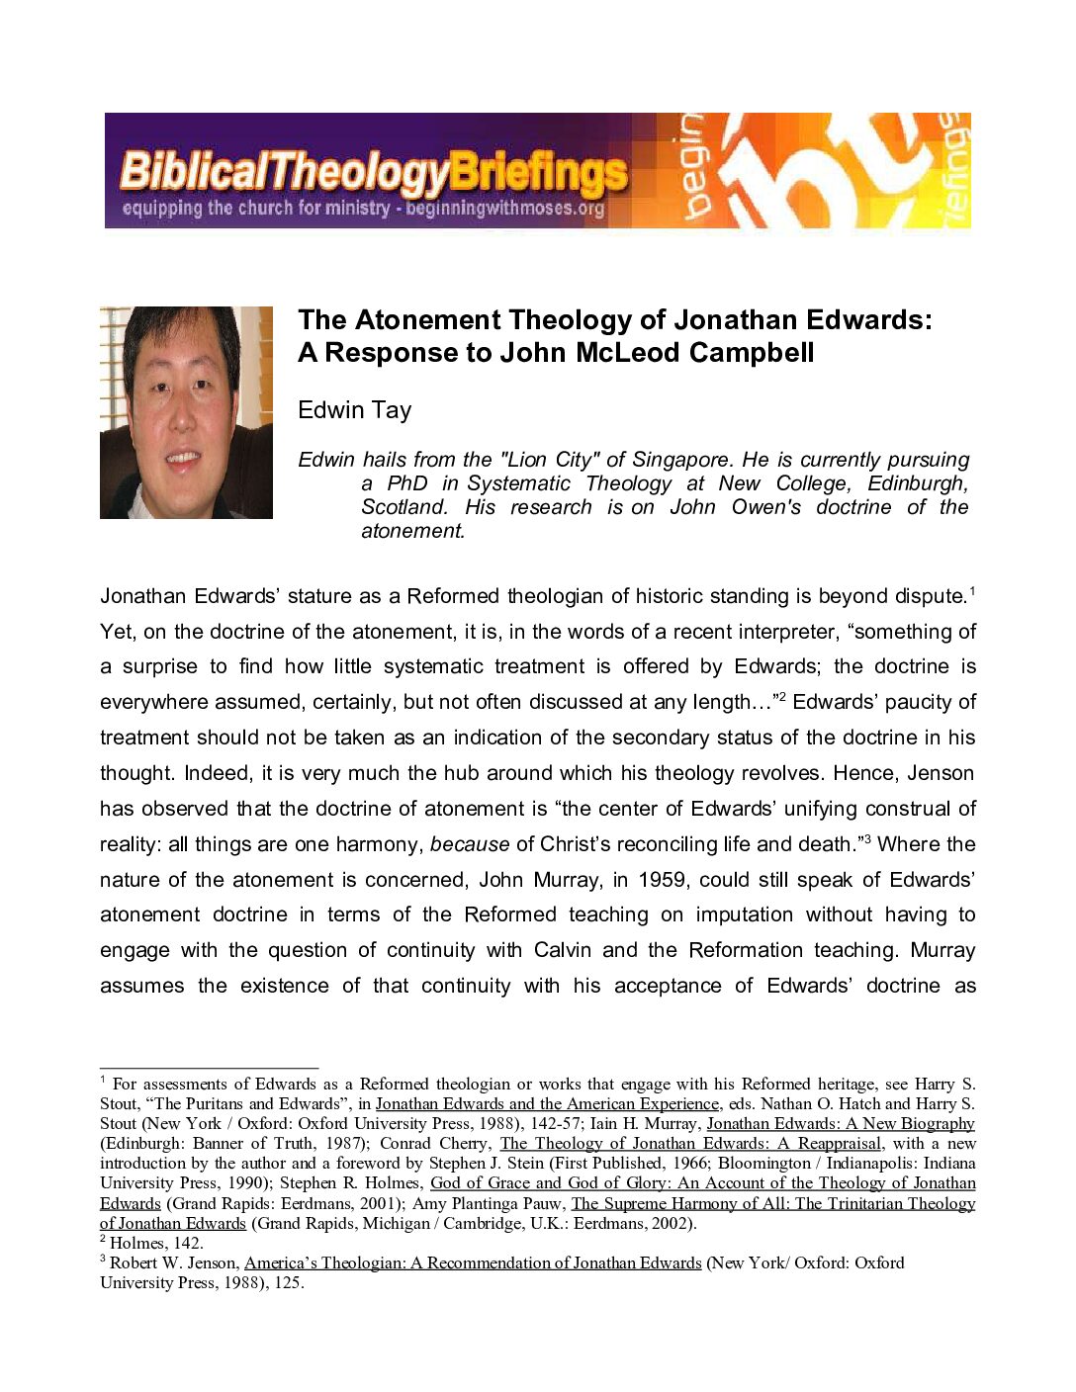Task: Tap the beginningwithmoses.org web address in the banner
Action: tap(504, 209)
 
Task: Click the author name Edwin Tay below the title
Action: tap(354, 410)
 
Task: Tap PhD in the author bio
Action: tap(407, 483)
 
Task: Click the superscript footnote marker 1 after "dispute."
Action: tap(972, 591)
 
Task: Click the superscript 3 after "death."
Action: tap(867, 839)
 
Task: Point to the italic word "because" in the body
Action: tap(470, 844)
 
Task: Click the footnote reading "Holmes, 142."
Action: tap(155, 1243)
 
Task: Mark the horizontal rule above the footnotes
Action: tap(209, 1069)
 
